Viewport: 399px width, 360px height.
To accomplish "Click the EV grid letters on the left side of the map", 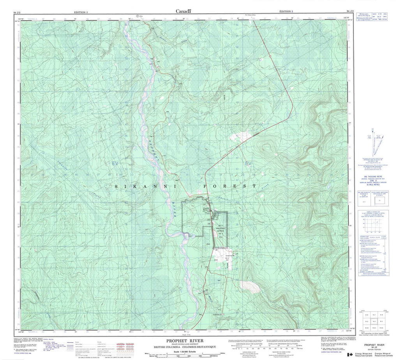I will [114, 163].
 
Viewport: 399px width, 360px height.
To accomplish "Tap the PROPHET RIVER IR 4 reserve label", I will [221, 230].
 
